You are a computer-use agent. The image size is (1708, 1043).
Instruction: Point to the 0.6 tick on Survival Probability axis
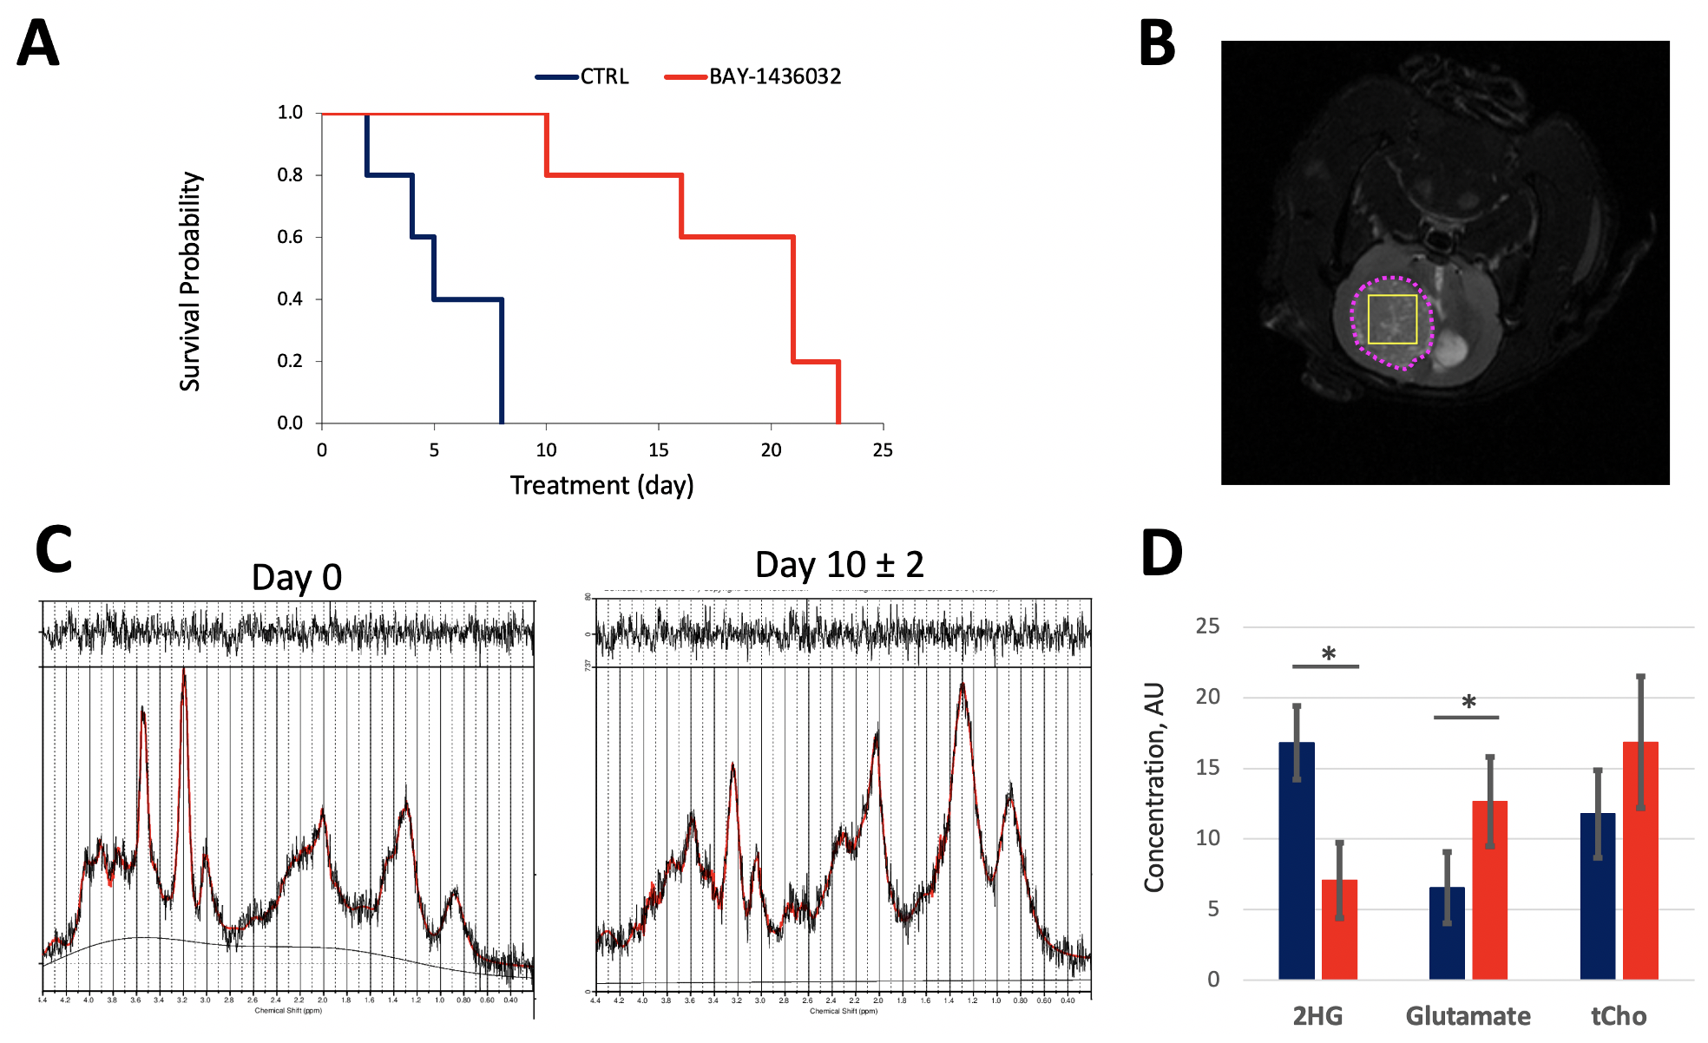[290, 237]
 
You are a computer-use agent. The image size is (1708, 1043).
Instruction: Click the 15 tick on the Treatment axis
[659, 449]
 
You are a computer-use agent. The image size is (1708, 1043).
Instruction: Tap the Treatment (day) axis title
[601, 485]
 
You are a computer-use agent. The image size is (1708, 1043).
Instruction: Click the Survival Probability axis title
[190, 281]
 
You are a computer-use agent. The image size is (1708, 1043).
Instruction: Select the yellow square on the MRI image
[1392, 319]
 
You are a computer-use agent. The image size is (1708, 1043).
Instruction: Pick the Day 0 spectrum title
[297, 577]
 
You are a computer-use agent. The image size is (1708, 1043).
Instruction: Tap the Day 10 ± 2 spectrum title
[839, 565]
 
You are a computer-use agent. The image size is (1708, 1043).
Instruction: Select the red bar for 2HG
[1339, 929]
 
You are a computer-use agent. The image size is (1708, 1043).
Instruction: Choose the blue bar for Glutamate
[1447, 933]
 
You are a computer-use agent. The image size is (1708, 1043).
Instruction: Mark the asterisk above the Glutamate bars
[1468, 702]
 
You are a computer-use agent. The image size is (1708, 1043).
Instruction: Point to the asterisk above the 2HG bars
[1328, 654]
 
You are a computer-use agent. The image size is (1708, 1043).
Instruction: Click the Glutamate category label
[1468, 1015]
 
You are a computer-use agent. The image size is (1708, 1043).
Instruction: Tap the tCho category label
[1619, 1015]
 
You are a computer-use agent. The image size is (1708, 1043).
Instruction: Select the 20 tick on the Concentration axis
[1207, 697]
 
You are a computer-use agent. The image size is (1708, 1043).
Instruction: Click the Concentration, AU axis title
[1153, 787]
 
